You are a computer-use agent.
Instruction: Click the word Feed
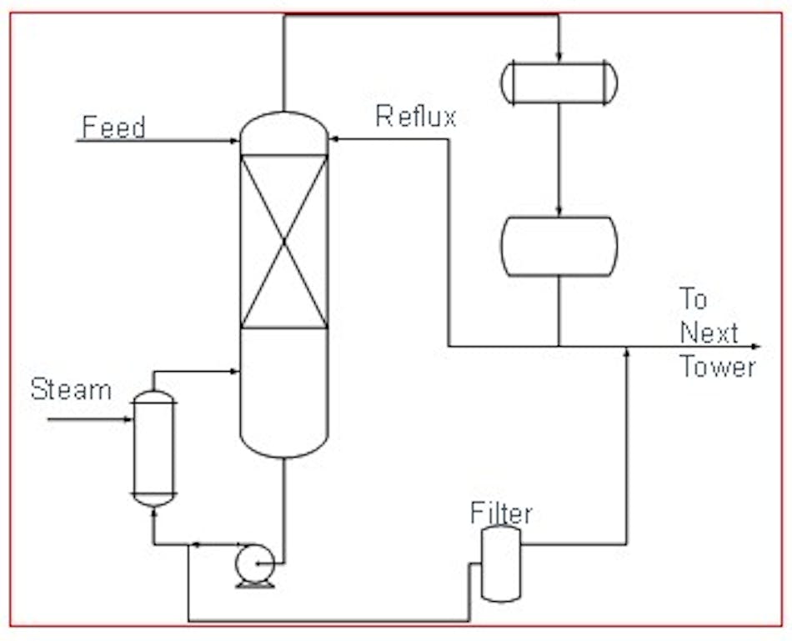113,128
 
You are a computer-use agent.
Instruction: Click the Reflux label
416,117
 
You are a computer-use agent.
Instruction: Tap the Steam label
71,389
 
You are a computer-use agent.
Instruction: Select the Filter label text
501,513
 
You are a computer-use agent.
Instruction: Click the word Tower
718,367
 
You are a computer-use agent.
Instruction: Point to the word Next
709,333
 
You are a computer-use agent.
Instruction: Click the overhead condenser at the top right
559,83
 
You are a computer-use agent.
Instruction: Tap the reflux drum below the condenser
559,246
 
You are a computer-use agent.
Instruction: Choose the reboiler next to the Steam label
154,448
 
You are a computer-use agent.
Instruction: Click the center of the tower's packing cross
284,242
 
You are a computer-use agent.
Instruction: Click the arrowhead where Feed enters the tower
236,141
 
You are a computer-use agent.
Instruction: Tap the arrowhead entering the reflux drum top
559,212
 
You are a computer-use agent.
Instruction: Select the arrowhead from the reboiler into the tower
235,372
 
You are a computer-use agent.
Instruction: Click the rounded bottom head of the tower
284,446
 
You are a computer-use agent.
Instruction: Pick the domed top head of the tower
284,127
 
